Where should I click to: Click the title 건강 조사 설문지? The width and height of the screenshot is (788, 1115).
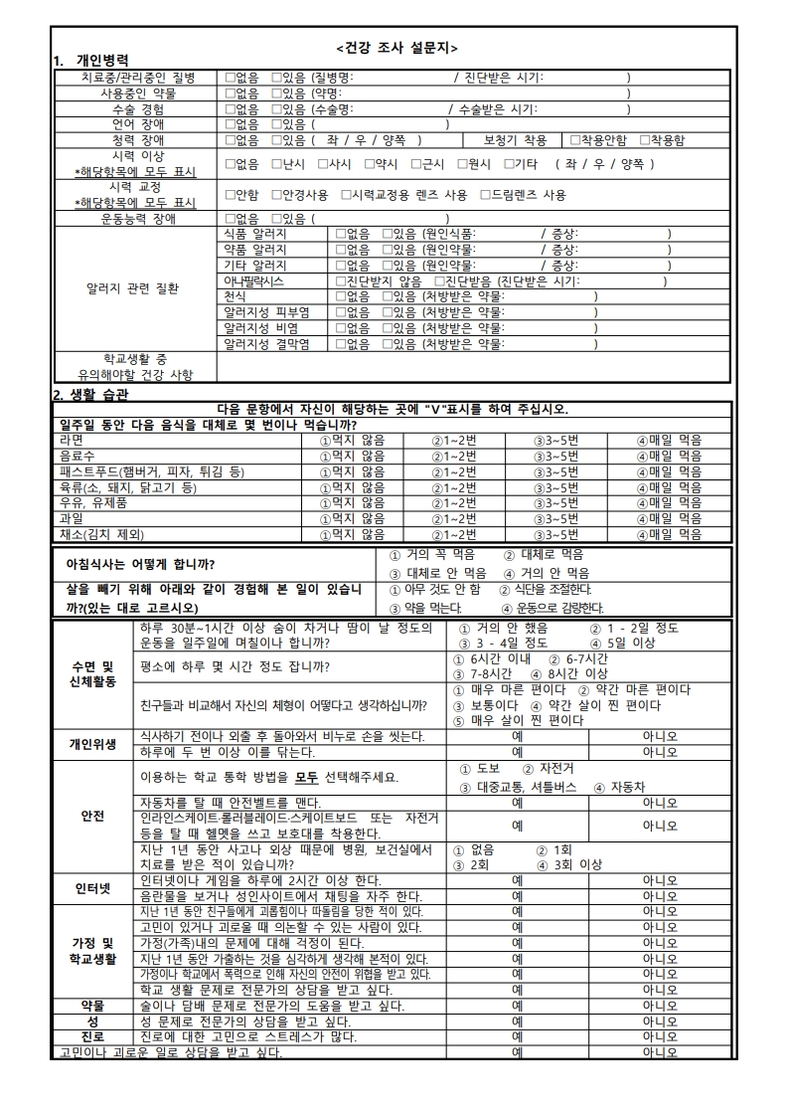tap(396, 47)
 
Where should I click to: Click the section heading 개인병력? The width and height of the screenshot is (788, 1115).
tap(102, 61)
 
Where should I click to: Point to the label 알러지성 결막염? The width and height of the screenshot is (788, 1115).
tap(266, 344)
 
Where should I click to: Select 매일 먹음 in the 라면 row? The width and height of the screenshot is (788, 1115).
tap(669, 440)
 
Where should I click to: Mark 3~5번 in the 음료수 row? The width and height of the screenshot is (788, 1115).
tap(555, 456)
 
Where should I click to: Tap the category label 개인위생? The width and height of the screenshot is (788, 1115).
tap(92, 744)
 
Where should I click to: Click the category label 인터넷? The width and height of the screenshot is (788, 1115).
tap(92, 887)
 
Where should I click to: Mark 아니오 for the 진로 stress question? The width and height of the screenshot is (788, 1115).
tap(660, 1037)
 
